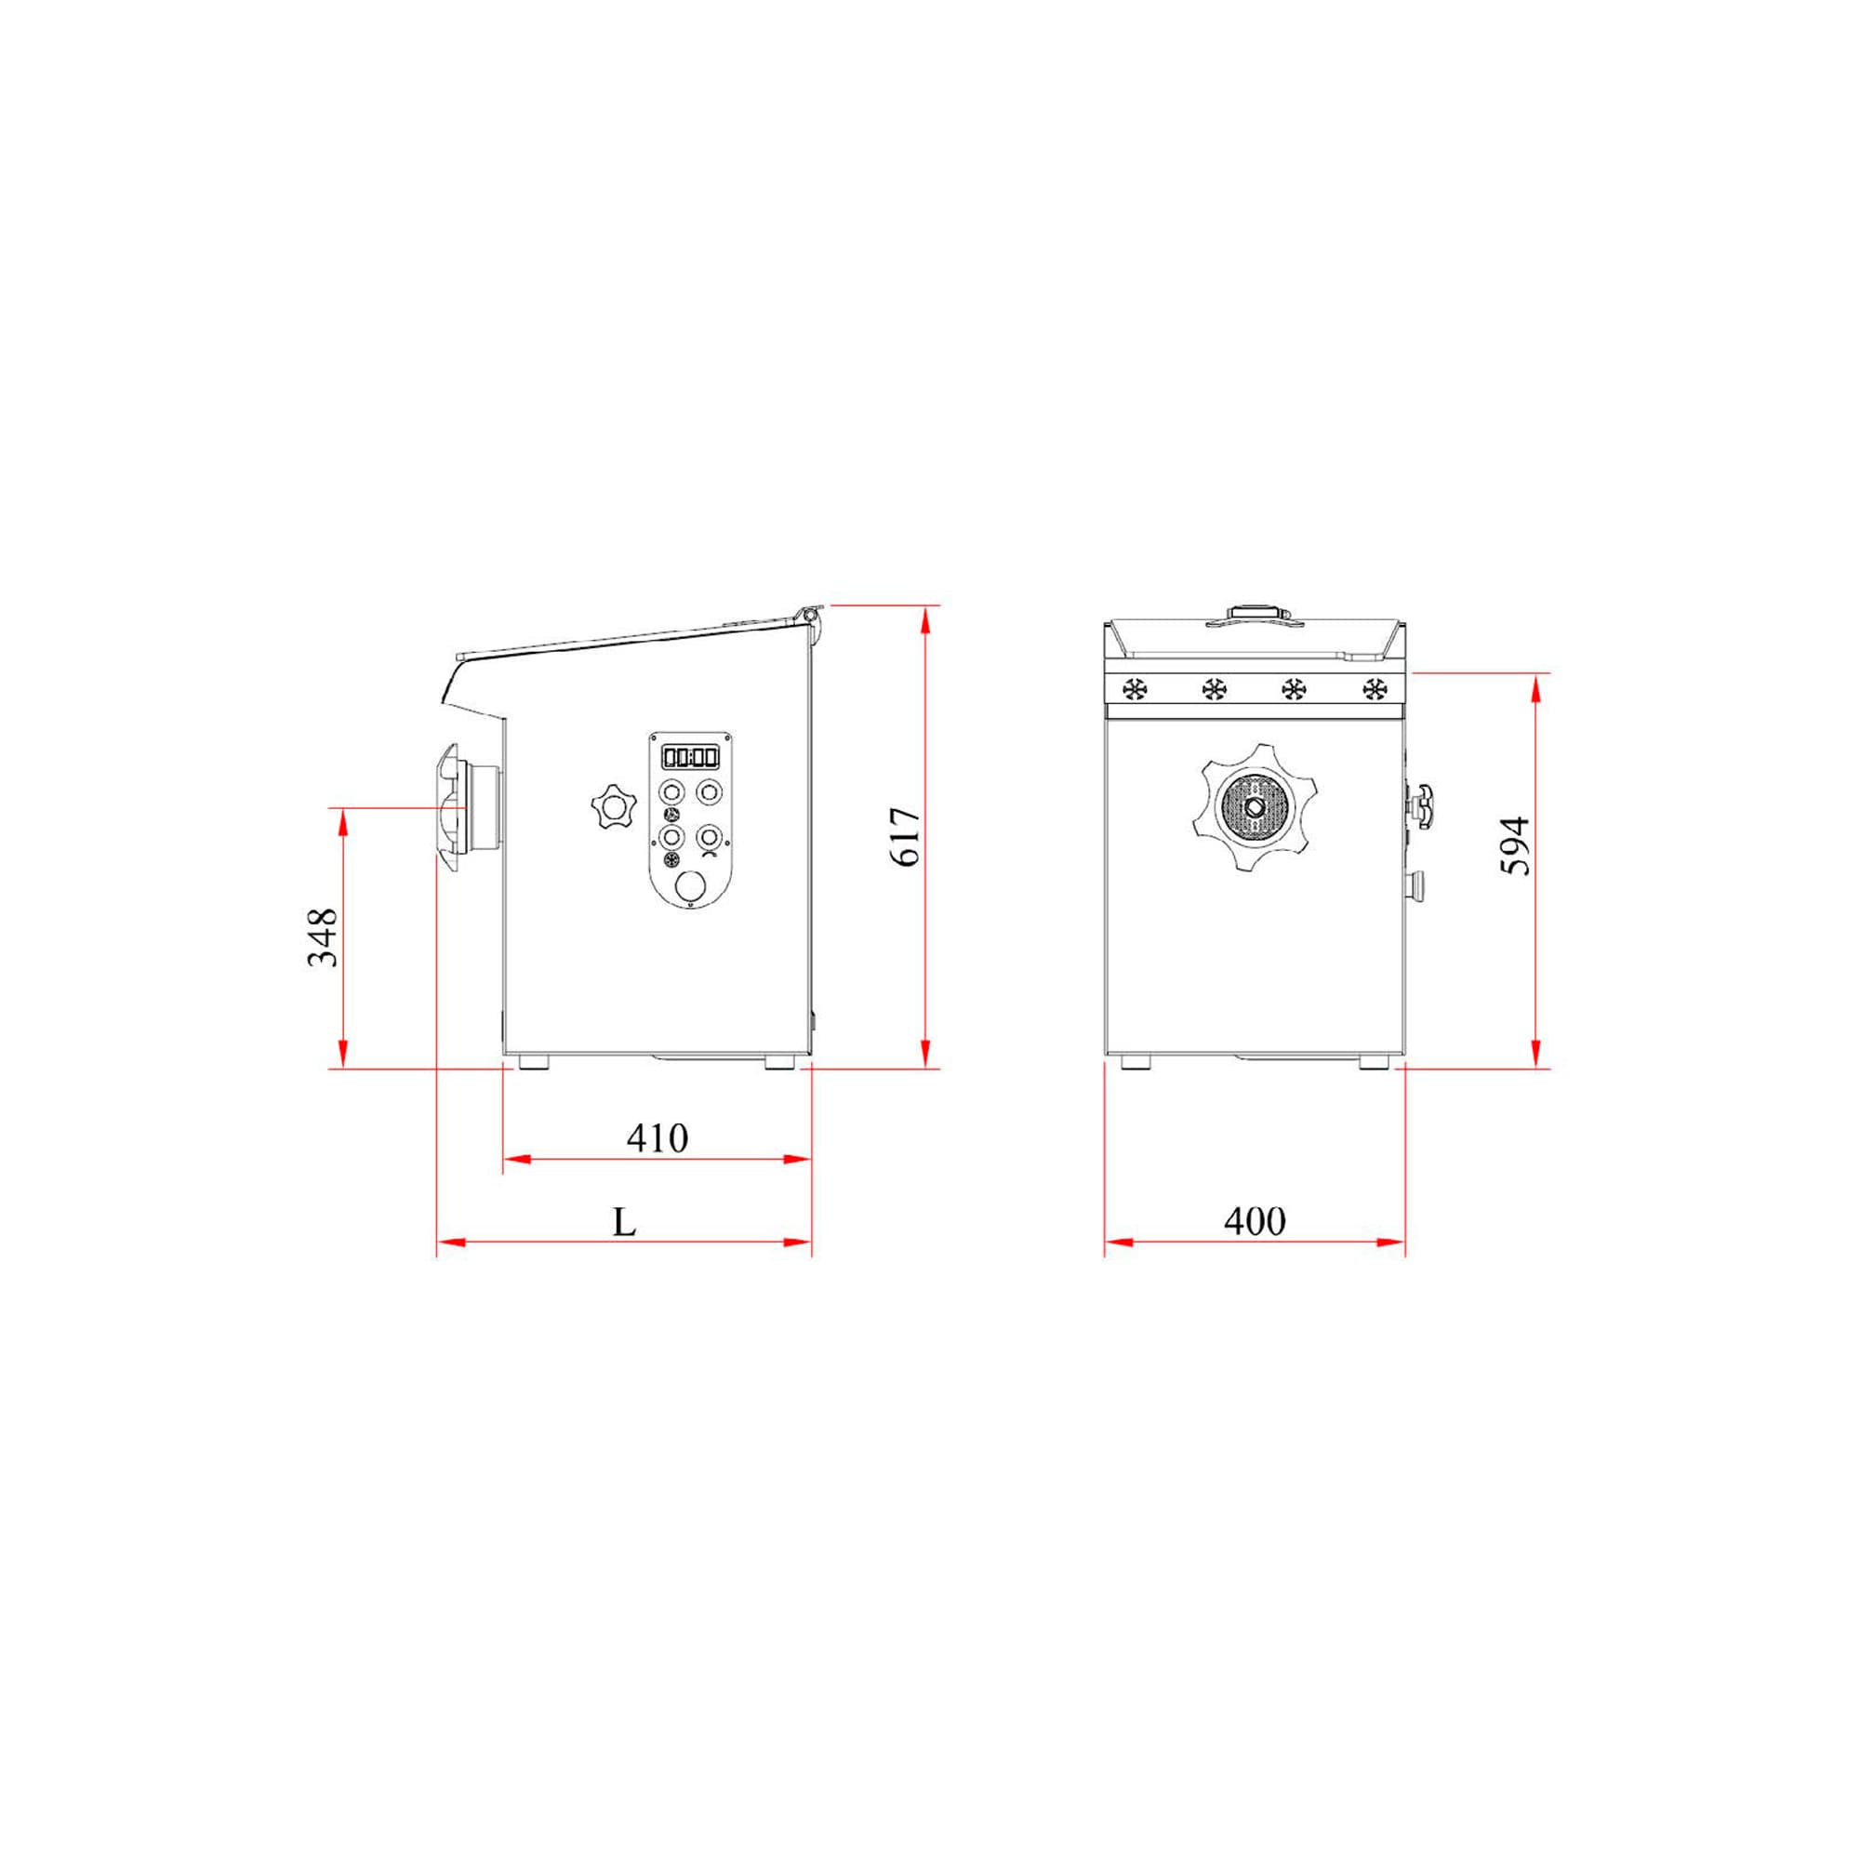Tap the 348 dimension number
tap(323, 937)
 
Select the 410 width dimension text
tap(657, 1138)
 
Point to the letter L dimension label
tap(625, 1223)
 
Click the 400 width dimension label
tap(1255, 1221)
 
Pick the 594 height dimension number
tap(1515, 845)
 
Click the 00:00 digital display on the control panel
tap(690, 757)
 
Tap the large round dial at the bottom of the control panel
tap(690, 886)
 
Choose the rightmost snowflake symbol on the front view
tap(1374, 689)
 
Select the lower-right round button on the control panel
tap(710, 835)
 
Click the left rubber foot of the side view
tap(533, 1062)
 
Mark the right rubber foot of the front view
tap(1374, 1062)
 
